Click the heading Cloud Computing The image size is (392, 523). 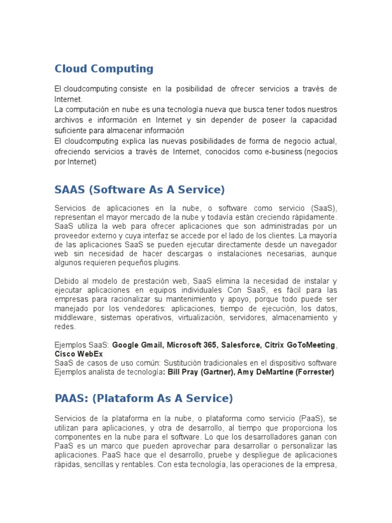pyautogui.click(x=104, y=68)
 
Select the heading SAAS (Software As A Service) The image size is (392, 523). pyautogui.click(x=139, y=189)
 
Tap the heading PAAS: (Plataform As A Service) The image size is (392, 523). pyautogui.click(x=143, y=398)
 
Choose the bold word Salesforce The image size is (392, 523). pyautogui.click(x=241, y=345)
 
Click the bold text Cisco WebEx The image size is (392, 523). pyautogui.click(x=79, y=354)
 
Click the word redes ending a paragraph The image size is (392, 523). pyautogui.click(x=64, y=327)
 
